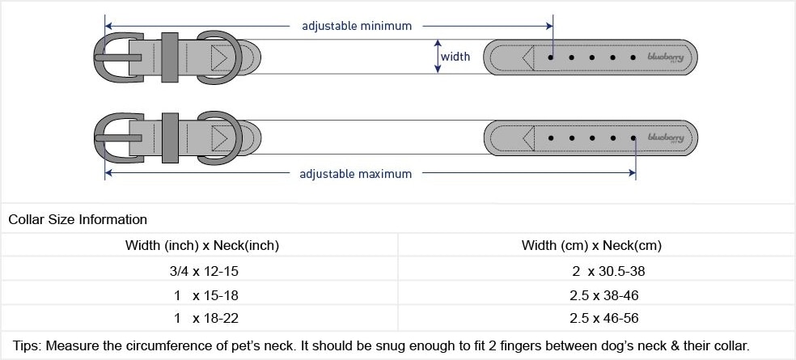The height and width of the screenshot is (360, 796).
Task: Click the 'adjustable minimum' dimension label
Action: click(x=357, y=26)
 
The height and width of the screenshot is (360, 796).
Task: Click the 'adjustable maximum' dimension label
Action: click(x=355, y=174)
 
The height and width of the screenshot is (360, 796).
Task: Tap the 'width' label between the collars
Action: click(x=455, y=57)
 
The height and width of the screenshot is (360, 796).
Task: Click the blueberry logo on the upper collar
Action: click(x=665, y=57)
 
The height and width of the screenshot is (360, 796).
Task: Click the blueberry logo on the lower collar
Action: click(x=665, y=138)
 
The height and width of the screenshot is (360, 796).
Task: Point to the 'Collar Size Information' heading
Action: click(x=78, y=219)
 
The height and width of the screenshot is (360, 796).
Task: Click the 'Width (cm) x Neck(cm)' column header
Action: click(x=597, y=245)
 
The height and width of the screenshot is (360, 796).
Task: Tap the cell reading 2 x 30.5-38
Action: click(x=597, y=271)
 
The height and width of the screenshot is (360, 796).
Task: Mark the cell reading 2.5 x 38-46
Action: click(x=597, y=295)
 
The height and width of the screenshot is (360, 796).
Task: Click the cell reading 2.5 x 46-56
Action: click(x=597, y=319)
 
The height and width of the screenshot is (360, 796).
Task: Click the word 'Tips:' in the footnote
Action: click(x=25, y=345)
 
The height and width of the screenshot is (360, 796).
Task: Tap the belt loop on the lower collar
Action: click(x=169, y=137)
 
